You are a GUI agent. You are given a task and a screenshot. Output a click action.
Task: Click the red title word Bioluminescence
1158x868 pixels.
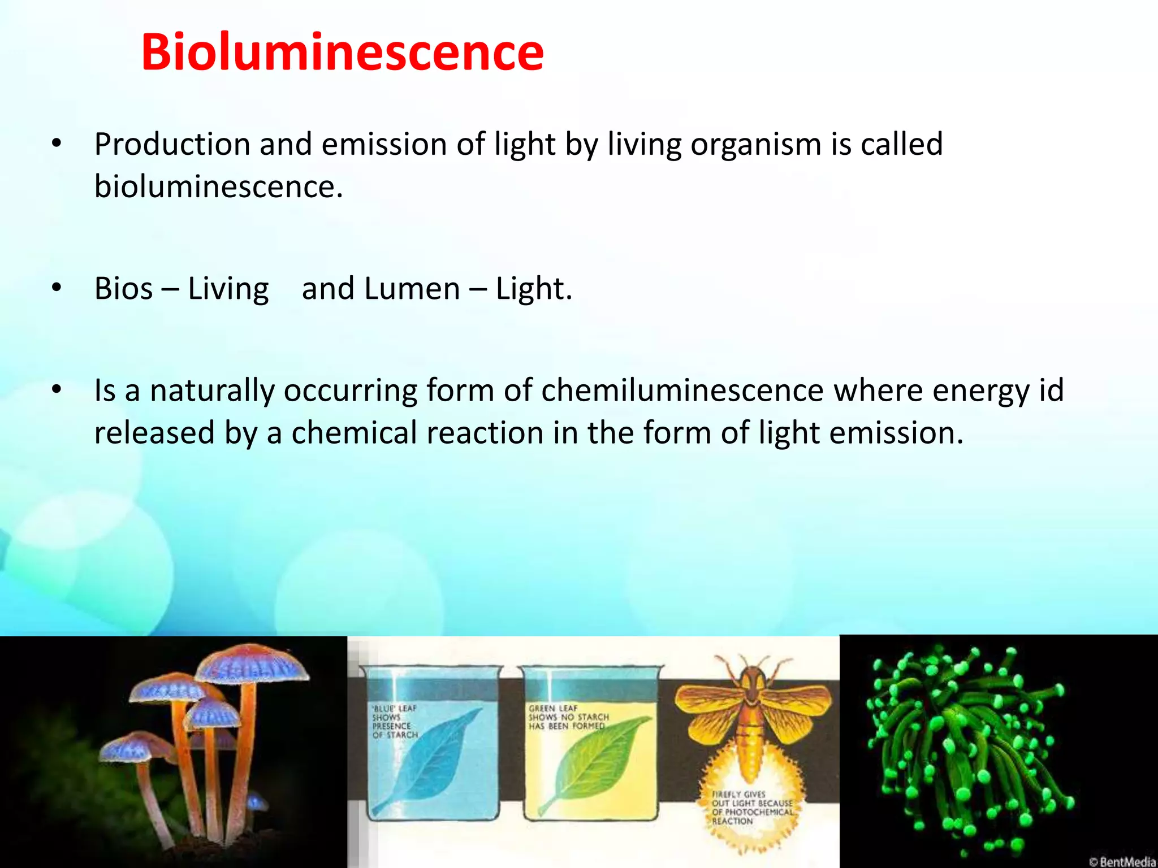point(342,52)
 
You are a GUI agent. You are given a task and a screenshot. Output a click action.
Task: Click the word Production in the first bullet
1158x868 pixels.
point(172,144)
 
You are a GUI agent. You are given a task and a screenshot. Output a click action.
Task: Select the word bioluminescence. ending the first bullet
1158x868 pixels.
point(218,186)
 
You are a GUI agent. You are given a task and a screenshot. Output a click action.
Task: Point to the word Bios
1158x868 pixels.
point(123,289)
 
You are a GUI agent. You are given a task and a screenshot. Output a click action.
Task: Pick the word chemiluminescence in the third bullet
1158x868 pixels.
point(682,390)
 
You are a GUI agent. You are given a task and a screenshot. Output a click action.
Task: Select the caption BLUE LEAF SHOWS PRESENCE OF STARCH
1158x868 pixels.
point(395,722)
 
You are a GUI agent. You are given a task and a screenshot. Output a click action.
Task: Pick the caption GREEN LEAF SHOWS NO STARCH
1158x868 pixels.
point(568,717)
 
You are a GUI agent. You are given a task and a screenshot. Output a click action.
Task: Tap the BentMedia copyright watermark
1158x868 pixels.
point(1122,861)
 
